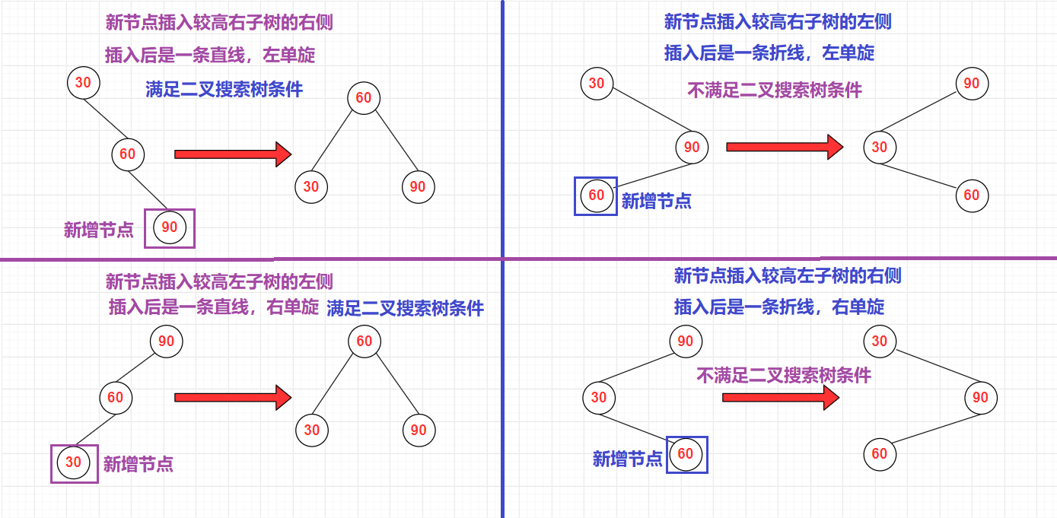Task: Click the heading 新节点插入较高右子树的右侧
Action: coord(219,23)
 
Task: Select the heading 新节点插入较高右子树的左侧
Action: coord(778,21)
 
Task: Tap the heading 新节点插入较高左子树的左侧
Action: coord(219,282)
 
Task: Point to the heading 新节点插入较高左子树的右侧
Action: coord(788,275)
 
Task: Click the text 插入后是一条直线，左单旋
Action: coord(210,56)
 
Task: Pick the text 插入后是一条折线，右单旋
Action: coord(779,307)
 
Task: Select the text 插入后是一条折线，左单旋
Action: coord(769,52)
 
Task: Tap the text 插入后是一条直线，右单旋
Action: coord(214,307)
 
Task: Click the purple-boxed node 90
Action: coord(170,227)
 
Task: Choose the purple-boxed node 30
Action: coord(74,462)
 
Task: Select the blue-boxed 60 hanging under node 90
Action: coord(597,195)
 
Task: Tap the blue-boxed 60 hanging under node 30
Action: coord(686,454)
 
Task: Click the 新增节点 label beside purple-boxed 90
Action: coord(99,230)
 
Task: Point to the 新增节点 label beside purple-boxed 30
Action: coord(138,464)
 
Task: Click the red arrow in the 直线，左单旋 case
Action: coord(233,154)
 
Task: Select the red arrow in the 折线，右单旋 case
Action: coord(780,397)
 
